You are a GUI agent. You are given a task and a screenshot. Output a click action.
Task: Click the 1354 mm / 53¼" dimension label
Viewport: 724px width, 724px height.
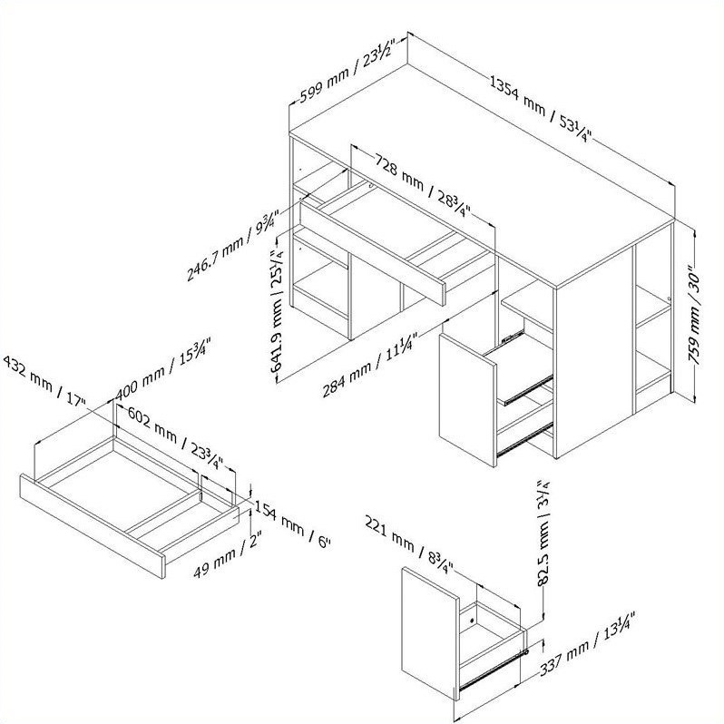(540, 110)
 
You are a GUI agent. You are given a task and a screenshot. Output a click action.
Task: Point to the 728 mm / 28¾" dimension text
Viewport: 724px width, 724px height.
(422, 186)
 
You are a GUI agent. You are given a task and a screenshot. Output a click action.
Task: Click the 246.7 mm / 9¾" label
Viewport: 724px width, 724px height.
(233, 246)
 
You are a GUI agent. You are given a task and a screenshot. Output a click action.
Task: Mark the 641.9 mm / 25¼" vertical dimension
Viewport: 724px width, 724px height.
(278, 310)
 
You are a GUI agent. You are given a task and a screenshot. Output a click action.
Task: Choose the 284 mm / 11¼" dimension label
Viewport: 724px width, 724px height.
(370, 365)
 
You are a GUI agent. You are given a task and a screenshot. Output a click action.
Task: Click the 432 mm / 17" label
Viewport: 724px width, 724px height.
(44, 381)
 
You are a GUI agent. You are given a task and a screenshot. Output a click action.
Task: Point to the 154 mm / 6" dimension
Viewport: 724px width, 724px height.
(293, 525)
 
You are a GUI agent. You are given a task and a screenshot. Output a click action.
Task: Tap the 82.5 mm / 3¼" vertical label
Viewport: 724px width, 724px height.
(544, 533)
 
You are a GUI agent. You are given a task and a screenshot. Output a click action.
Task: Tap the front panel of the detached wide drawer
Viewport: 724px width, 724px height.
(93, 525)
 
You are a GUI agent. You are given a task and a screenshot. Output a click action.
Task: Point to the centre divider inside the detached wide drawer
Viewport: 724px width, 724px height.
(164, 510)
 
